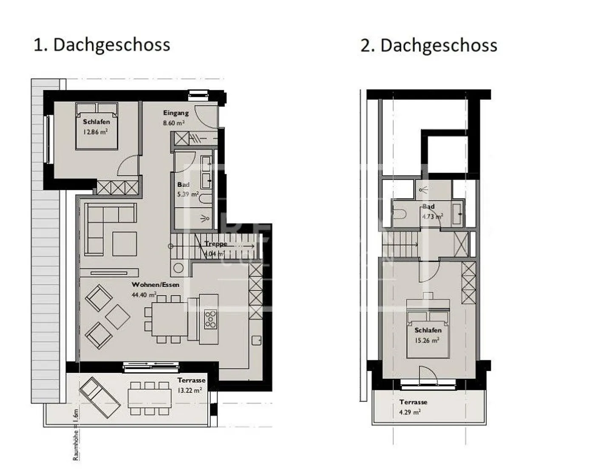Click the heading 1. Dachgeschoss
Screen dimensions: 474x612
coord(102,45)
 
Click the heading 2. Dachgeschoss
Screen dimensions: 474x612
coord(428,45)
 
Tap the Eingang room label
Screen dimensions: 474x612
coord(176,113)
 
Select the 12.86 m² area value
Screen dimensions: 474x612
coord(96,132)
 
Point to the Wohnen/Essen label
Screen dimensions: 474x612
coord(155,285)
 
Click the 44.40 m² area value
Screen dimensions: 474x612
coord(144,294)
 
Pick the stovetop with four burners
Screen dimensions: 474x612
coord(210,319)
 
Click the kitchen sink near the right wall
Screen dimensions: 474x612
coord(256,341)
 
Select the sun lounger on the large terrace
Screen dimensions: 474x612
coord(99,398)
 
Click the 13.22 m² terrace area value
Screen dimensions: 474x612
coord(190,390)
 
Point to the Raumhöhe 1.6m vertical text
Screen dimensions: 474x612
coord(76,434)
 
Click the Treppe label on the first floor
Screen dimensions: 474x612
coord(215,244)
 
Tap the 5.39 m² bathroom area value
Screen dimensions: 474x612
coord(187,195)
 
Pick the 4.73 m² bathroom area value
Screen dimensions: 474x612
coord(432,216)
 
